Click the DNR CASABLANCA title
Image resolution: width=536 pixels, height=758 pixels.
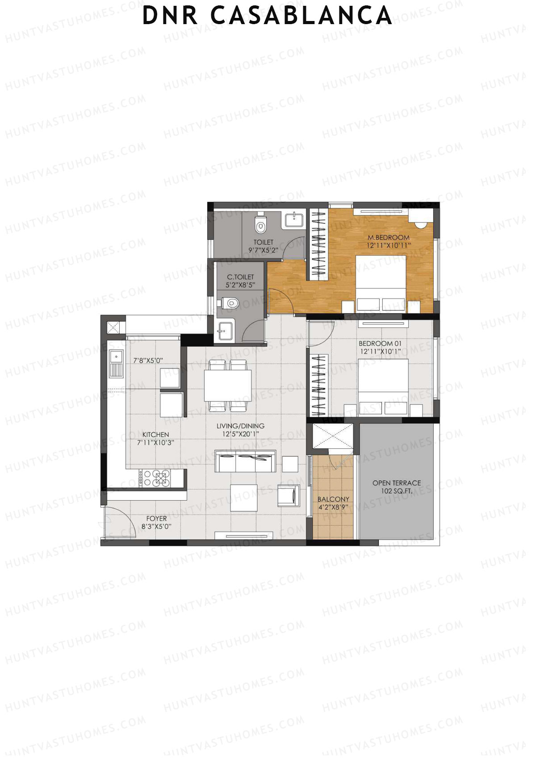pyautogui.click(x=267, y=16)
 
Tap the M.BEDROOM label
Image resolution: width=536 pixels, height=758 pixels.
pyautogui.click(x=388, y=237)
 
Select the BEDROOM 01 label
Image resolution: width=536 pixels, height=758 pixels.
pyautogui.click(x=380, y=343)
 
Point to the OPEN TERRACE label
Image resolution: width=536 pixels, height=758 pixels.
pyautogui.click(x=397, y=483)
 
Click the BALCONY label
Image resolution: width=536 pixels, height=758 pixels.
pyautogui.click(x=333, y=499)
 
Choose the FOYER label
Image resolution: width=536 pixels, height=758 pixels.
pyautogui.click(x=156, y=519)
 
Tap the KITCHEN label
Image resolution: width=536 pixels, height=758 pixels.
pyautogui.click(x=155, y=435)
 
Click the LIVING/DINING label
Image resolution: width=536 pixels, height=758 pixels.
pyautogui.click(x=240, y=426)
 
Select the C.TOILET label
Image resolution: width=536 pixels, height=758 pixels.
pyautogui.click(x=240, y=277)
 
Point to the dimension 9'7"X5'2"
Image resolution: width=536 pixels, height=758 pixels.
pyautogui.click(x=263, y=250)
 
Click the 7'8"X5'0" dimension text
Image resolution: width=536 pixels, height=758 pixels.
pyautogui.click(x=148, y=360)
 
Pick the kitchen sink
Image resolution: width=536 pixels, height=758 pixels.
pyautogui.click(x=116, y=362)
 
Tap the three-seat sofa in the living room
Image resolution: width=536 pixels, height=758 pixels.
pyautogui.click(x=245, y=461)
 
